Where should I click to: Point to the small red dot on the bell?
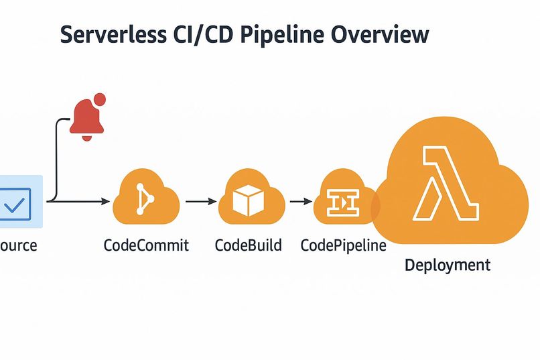100,100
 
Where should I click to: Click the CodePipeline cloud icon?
342,200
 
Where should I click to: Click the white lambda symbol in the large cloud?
448,184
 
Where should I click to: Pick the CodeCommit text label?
146,245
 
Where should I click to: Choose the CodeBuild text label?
248,245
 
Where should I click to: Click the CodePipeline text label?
343,245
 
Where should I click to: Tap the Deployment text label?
448,265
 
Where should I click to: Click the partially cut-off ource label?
18,245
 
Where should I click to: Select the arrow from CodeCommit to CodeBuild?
200,200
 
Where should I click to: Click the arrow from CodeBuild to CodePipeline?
300,200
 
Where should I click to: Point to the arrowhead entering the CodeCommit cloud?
105,201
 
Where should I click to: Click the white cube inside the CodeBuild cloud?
250,200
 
